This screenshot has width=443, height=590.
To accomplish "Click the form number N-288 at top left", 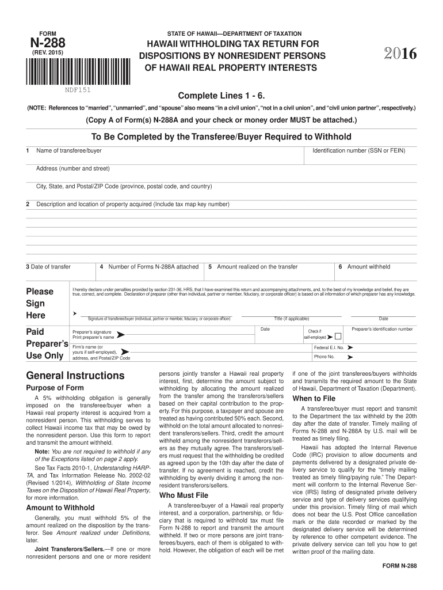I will coord(46,43).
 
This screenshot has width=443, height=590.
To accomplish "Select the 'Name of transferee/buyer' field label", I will coord(69,151).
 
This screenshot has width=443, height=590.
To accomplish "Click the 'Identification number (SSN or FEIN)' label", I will coord(358,151).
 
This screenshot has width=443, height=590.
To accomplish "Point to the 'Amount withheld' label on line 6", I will coord(368,267).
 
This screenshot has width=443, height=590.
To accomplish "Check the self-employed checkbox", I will coord(338,336).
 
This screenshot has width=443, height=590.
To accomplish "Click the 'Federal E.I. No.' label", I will coord(329,348).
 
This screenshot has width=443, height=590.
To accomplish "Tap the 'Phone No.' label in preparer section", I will coord(324,357).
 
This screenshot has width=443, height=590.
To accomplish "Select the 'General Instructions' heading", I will coord(75,376).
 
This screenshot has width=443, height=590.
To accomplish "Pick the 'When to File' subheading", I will coord(314,398).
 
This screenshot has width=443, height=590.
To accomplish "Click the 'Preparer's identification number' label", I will coord(382,329).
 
